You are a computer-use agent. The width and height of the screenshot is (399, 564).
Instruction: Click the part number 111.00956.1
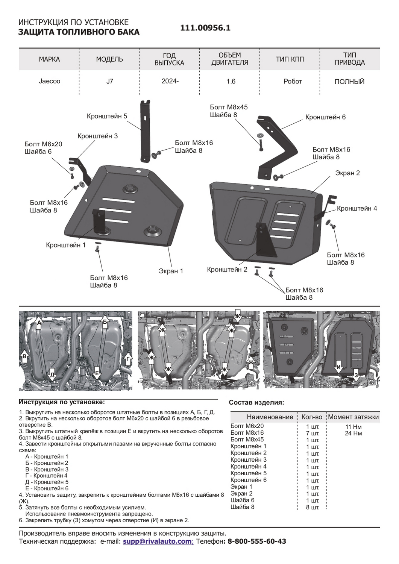click(205, 28)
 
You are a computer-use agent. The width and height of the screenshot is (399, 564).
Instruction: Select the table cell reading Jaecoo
click(49, 81)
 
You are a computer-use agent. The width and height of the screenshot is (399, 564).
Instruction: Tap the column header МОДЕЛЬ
click(109, 59)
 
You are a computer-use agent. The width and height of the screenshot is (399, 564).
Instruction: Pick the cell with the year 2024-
click(170, 81)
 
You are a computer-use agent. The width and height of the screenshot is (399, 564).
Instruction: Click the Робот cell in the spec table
click(293, 82)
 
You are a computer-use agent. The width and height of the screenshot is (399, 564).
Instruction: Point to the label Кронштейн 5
click(107, 116)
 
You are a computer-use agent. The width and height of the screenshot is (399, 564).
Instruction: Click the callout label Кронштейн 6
click(325, 117)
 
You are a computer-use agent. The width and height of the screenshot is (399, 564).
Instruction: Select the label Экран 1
click(171, 271)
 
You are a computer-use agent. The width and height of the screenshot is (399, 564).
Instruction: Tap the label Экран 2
click(347, 173)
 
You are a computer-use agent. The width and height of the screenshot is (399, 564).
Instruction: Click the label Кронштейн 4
click(357, 208)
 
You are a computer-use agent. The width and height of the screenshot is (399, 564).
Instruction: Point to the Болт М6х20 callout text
click(43, 144)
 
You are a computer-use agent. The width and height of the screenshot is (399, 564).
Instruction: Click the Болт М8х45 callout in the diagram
click(229, 107)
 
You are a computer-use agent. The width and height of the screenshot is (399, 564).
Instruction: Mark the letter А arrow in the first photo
click(39, 323)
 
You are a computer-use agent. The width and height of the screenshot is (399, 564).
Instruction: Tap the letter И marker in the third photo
click(338, 367)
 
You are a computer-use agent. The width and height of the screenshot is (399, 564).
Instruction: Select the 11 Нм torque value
click(353, 427)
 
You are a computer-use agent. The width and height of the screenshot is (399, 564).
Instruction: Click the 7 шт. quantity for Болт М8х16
click(313, 433)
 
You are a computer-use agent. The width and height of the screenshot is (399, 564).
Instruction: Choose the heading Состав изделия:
click(256, 402)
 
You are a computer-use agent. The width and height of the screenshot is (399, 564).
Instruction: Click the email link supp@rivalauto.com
click(157, 541)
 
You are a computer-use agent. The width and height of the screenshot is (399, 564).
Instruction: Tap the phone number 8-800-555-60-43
click(257, 541)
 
